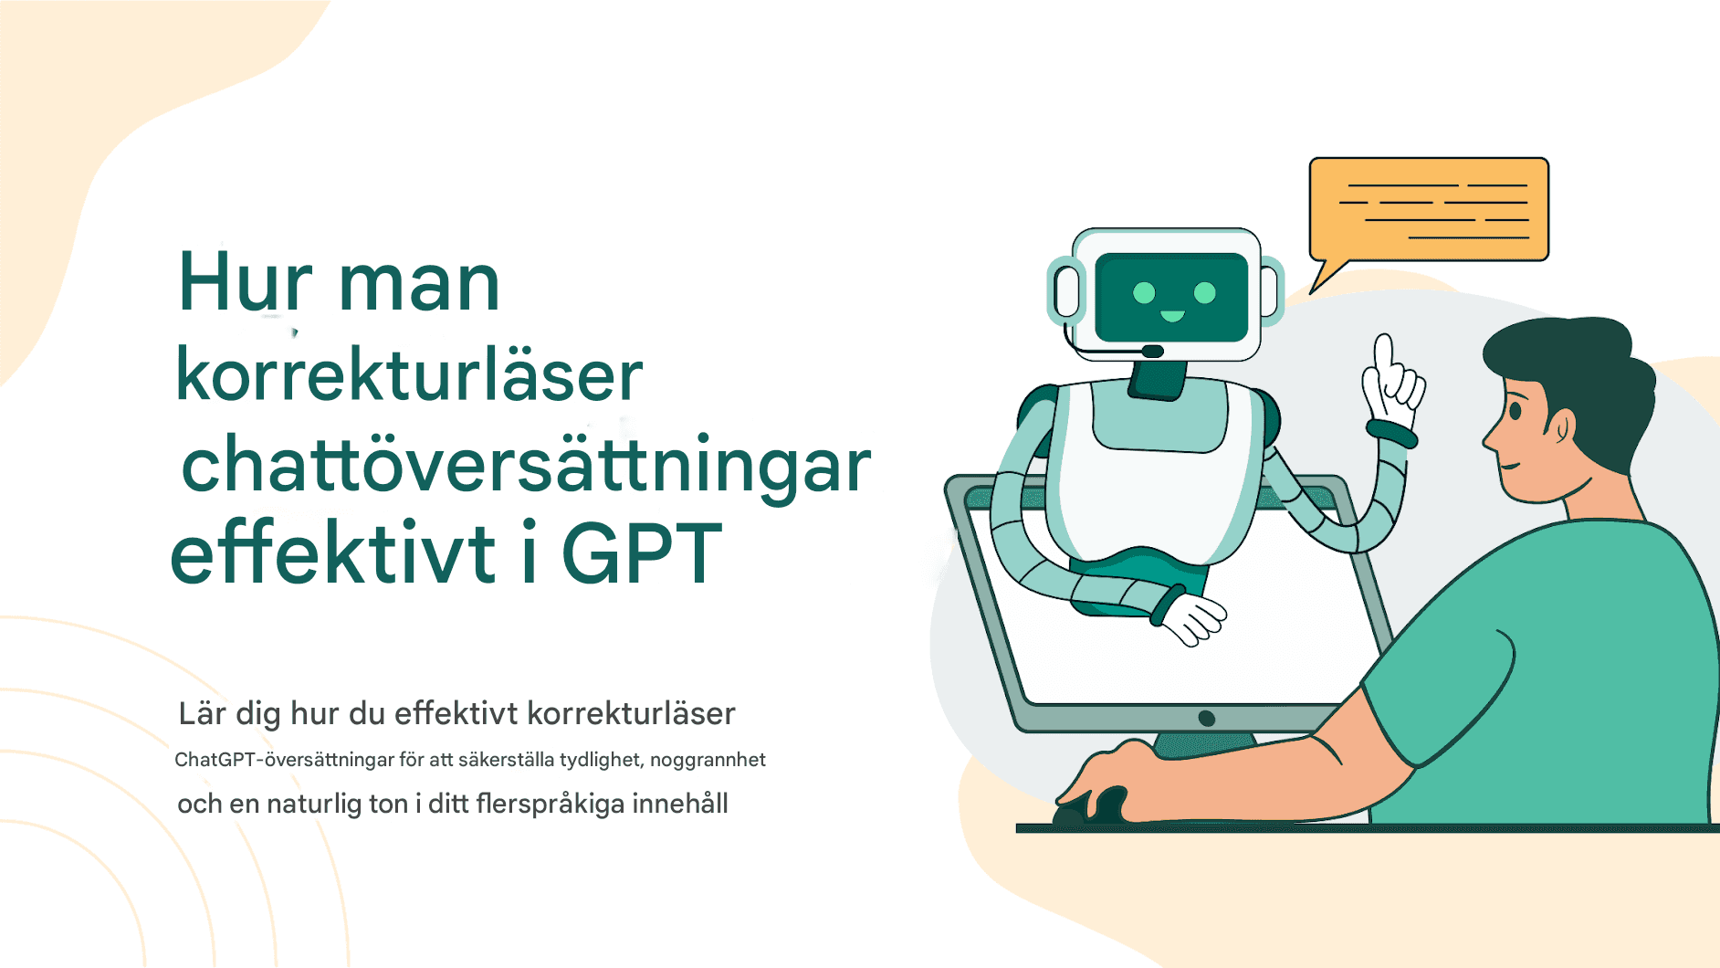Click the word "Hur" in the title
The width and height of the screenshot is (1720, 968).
245,283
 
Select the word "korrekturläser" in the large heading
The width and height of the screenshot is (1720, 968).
409,375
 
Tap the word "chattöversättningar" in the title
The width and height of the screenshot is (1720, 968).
526,466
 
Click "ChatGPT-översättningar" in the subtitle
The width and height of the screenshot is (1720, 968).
284,760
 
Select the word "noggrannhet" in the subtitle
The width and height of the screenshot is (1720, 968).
708,760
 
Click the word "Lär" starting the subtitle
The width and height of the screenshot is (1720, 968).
202,713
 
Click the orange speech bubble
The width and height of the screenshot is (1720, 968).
1428,210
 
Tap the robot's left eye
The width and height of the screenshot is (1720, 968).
1144,292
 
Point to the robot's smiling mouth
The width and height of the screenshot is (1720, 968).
1172,317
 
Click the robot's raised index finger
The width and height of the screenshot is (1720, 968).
1384,352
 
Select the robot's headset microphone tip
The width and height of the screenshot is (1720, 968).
1152,352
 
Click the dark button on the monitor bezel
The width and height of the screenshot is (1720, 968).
1206,719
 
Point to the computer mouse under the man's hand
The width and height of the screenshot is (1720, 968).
1091,808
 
